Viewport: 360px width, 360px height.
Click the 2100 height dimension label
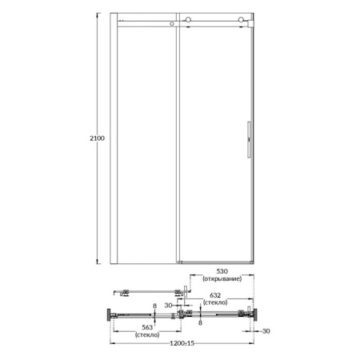[x=98, y=138]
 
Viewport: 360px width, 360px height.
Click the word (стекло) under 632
[x=215, y=303]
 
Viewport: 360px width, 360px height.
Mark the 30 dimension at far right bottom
[x=267, y=330]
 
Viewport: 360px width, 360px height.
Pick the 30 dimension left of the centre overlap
[x=170, y=305]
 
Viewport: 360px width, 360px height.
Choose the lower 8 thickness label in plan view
[x=199, y=325]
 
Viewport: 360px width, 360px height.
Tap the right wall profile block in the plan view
[x=255, y=317]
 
